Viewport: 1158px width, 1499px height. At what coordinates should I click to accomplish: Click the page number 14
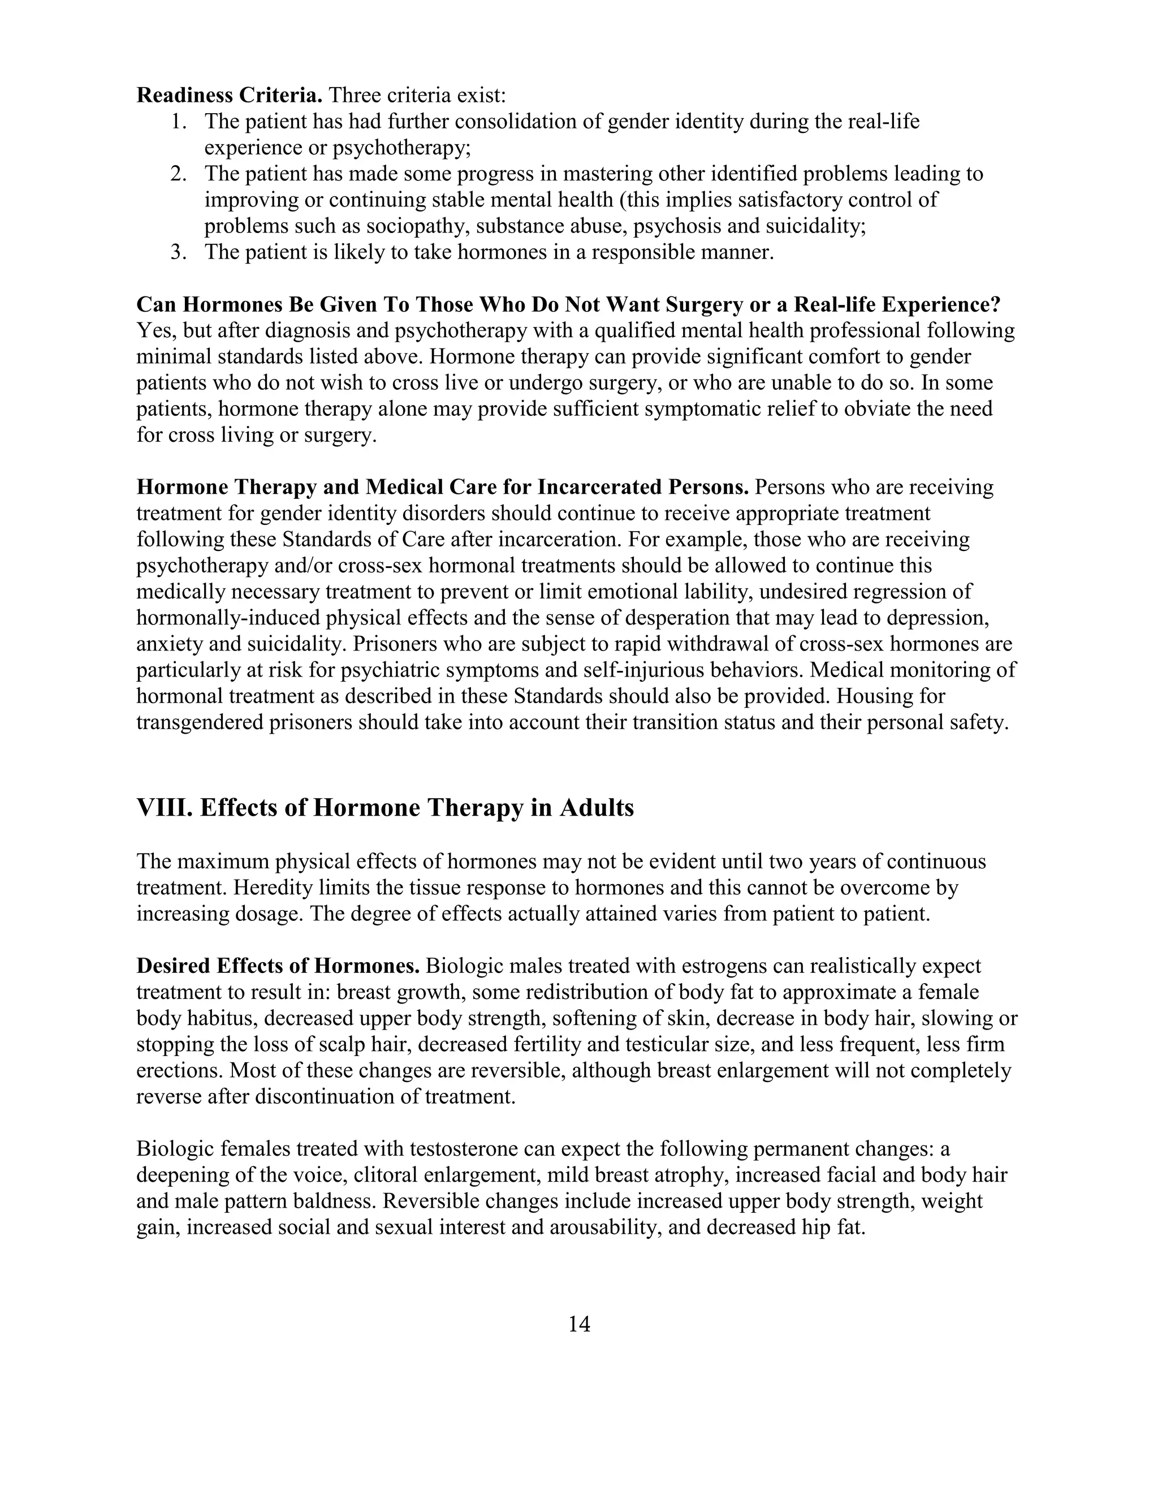click(x=579, y=1324)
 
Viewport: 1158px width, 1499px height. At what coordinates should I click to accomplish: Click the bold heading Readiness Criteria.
click(x=229, y=94)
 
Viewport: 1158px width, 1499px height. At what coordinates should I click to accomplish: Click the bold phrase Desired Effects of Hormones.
click(x=278, y=966)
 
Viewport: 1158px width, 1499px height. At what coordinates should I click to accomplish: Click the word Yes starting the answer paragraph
click(x=151, y=331)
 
